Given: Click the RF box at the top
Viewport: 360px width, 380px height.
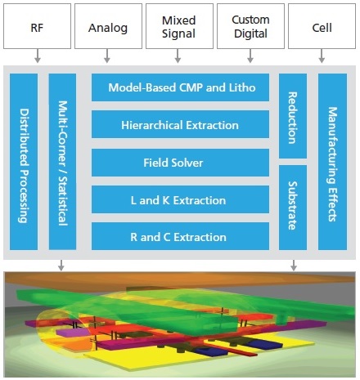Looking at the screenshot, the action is click(x=37, y=26).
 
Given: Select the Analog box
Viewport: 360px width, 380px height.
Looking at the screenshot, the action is click(x=108, y=26).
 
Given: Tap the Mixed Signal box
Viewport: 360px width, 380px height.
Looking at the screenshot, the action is click(x=179, y=26).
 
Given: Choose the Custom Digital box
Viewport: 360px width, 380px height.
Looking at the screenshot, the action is click(x=250, y=26).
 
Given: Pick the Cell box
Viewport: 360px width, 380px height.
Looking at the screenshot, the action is click(x=322, y=26).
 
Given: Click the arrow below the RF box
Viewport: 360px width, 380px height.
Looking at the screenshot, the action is click(x=38, y=56).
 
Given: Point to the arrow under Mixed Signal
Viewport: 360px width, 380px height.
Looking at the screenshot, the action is click(x=178, y=56).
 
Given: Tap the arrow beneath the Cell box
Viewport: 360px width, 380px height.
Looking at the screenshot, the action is click(x=322, y=56).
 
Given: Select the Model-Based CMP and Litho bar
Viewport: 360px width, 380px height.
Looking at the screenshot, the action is click(x=180, y=87).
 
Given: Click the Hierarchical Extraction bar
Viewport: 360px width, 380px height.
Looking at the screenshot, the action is click(x=180, y=124).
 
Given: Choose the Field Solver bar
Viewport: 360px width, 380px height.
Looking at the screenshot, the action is click(x=180, y=163).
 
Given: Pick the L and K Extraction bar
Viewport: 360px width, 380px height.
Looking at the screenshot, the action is click(x=180, y=199).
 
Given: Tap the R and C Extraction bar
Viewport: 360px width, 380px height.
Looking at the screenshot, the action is click(x=180, y=236).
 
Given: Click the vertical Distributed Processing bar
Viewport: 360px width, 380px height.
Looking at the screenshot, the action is click(x=24, y=162).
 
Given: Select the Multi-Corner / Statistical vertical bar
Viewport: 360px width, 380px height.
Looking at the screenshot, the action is click(x=62, y=162).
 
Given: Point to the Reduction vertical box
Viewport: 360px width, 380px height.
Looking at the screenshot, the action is click(x=293, y=116).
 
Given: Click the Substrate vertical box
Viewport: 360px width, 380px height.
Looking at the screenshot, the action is click(x=293, y=208).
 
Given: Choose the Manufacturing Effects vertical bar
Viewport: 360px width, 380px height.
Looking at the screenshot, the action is click(x=333, y=162).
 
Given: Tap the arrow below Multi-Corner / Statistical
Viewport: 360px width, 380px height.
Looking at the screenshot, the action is click(x=61, y=265).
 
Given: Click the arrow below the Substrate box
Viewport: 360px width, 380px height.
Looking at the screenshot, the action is click(x=294, y=265).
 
